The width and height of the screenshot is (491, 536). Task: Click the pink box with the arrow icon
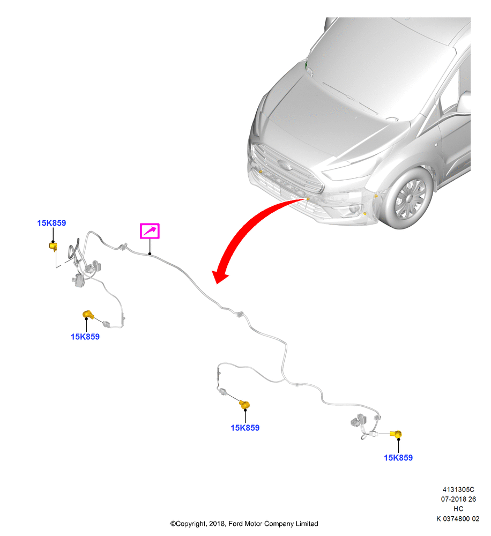pyautogui.click(x=150, y=231)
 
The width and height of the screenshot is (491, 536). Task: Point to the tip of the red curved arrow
pyautogui.click(x=217, y=284)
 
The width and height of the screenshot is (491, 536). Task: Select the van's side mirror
pyautogui.click(x=464, y=102)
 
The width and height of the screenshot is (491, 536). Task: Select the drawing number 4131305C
pyautogui.click(x=458, y=489)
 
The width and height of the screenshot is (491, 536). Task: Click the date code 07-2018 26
pyautogui.click(x=458, y=499)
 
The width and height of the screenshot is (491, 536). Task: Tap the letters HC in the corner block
pyautogui.click(x=458, y=509)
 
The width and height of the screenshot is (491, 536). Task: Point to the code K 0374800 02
pyautogui.click(x=458, y=518)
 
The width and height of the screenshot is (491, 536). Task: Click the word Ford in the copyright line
pyautogui.click(x=236, y=524)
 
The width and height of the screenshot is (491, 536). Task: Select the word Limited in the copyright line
pyautogui.click(x=306, y=524)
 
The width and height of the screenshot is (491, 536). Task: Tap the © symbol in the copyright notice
pyautogui.click(x=173, y=524)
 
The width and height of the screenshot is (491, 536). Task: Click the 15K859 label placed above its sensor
pyautogui.click(x=51, y=223)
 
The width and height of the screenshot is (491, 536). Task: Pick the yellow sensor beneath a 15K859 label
pyautogui.click(x=53, y=246)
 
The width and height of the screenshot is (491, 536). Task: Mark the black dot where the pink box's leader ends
pyautogui.click(x=150, y=254)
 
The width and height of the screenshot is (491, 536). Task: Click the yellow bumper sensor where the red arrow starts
pyautogui.click(x=308, y=199)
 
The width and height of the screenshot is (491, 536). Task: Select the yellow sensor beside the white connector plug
pyautogui.click(x=397, y=434)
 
